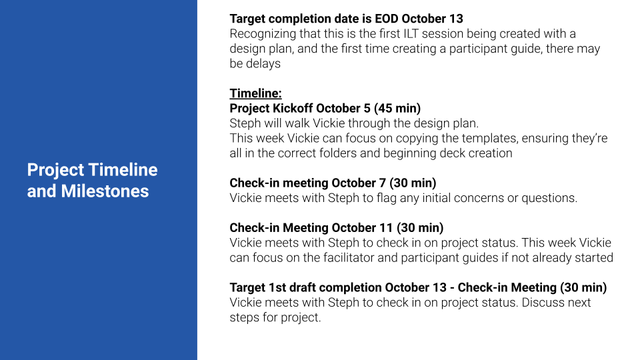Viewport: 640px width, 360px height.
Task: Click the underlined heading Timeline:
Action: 255,93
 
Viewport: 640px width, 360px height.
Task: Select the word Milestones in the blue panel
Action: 105,191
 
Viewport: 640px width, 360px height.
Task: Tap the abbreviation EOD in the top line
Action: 387,19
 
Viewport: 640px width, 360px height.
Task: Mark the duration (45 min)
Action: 397,108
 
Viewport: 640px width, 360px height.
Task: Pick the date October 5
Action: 343,108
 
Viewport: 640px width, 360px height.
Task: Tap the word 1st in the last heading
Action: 277,287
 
